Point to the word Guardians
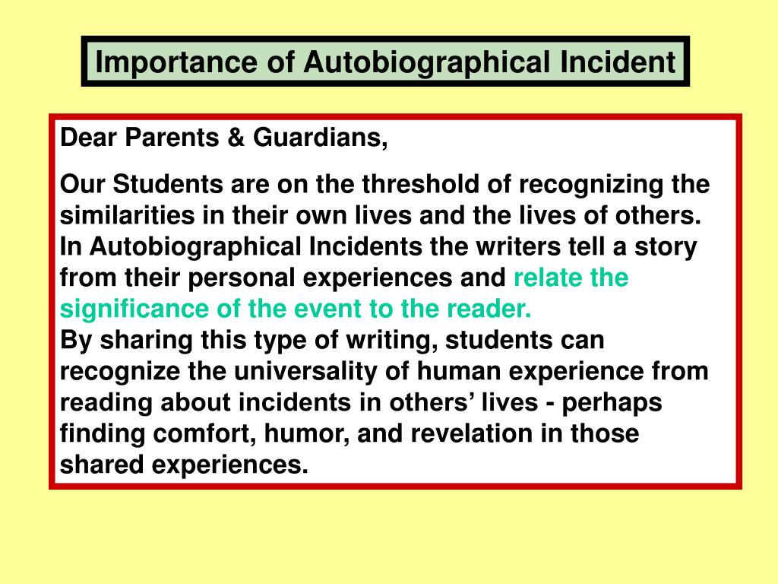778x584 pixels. point(320,138)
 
